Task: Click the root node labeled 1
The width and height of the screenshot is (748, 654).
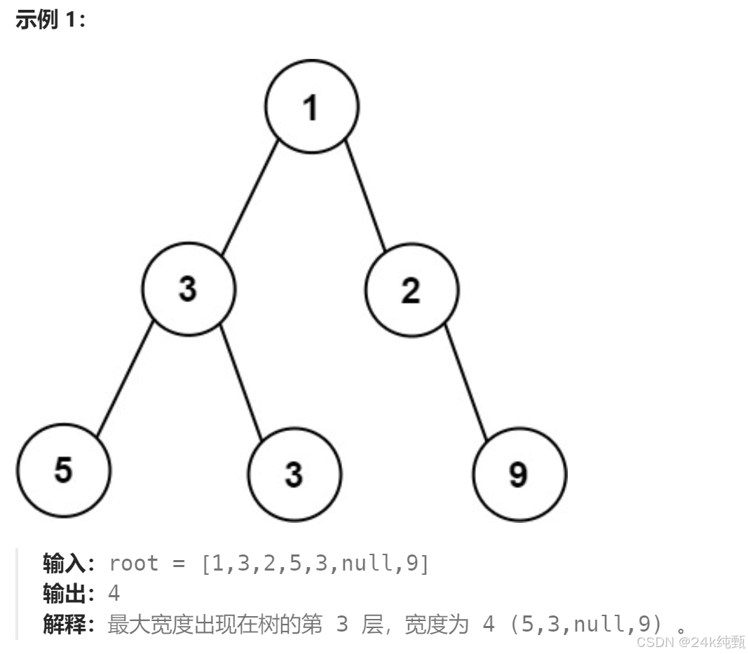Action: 312,107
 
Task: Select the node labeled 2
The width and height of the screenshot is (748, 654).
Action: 412,289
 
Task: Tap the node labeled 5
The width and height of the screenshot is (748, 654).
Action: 64,470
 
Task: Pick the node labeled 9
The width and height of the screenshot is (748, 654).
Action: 519,475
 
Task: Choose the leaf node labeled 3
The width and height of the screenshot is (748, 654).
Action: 294,475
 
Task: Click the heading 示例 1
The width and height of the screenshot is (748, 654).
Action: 50,20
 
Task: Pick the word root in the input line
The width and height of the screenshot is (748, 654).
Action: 134,564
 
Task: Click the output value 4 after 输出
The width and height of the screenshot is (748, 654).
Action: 114,594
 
